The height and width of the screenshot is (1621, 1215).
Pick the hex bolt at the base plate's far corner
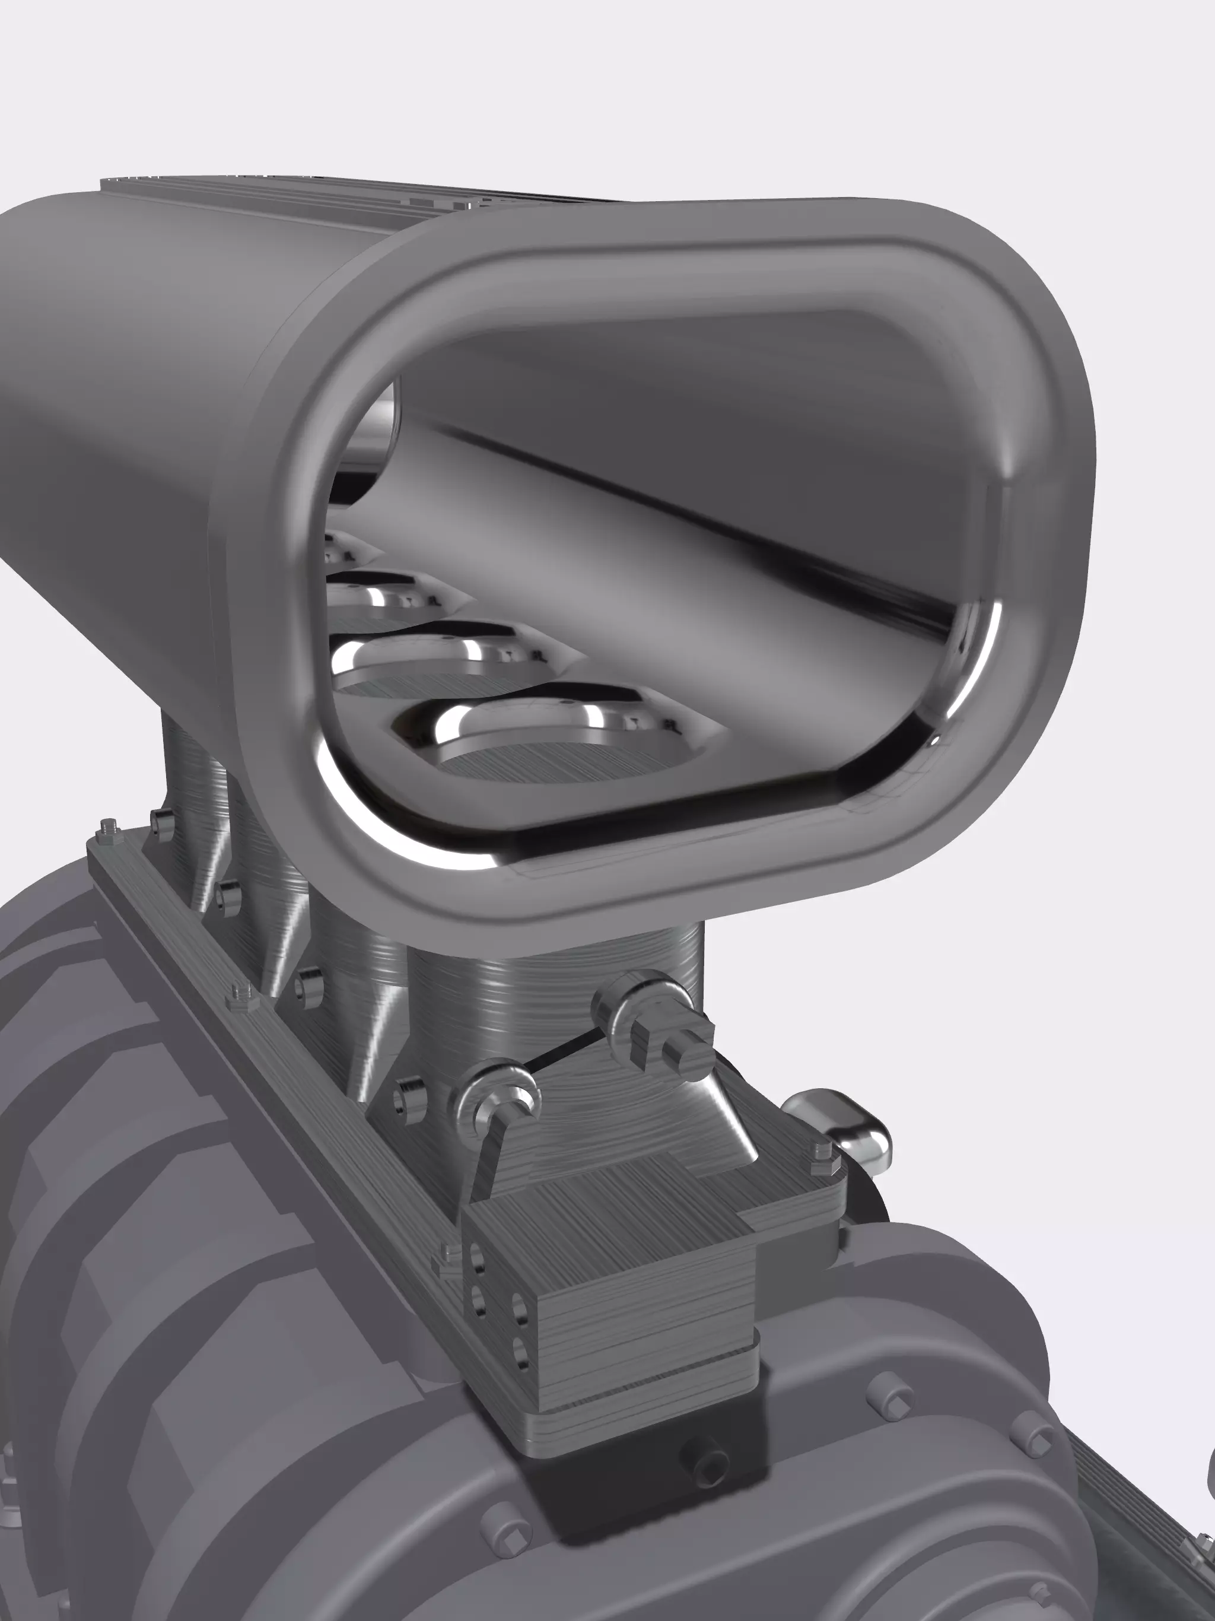tap(109, 829)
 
